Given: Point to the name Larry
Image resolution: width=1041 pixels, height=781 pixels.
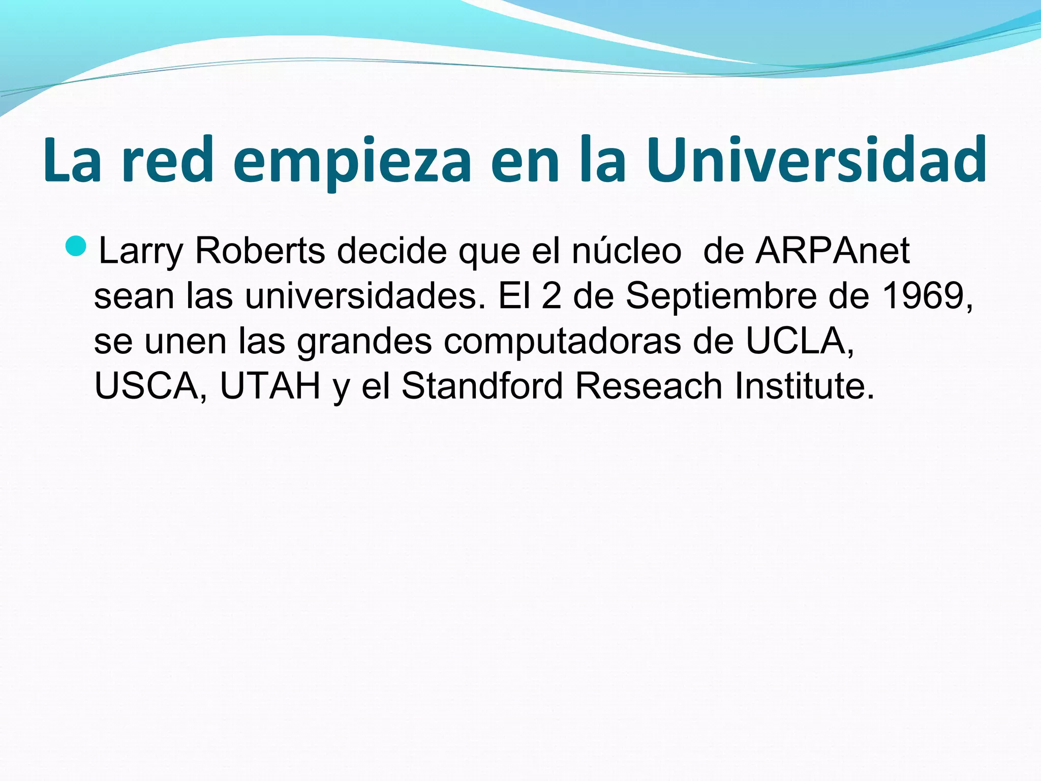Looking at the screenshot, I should pyautogui.click(x=140, y=252).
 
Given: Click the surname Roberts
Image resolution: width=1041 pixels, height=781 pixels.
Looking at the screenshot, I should pyautogui.click(x=260, y=251).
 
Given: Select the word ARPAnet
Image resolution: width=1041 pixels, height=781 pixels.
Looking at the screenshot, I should pyautogui.click(x=832, y=251).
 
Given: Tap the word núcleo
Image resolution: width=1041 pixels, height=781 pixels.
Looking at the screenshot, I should pyautogui.click(x=626, y=251).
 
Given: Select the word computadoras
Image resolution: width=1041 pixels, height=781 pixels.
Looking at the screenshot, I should pyautogui.click(x=562, y=342).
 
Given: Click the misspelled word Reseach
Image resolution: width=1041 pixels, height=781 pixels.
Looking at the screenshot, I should pyautogui.click(x=649, y=386).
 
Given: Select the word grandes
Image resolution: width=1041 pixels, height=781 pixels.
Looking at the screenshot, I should pyautogui.click(x=364, y=342).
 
